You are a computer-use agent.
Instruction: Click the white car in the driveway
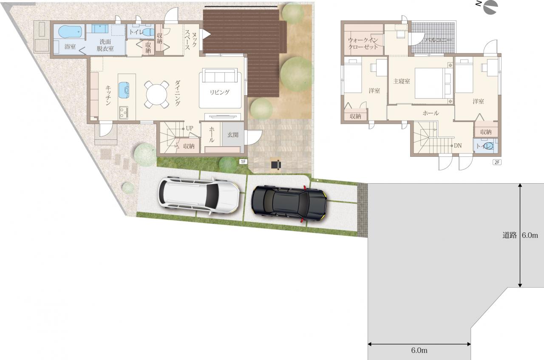click(x=198, y=196)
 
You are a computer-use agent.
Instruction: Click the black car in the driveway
click(x=289, y=203)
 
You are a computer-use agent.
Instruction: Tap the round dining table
click(x=157, y=94)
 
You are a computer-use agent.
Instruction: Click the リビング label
click(x=220, y=92)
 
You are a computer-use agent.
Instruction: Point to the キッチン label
click(x=108, y=95)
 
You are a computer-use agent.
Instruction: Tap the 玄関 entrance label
click(x=232, y=135)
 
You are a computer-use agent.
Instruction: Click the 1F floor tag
click(x=243, y=162)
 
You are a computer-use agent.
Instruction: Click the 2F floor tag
click(x=497, y=162)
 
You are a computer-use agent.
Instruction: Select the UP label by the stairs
click(x=190, y=128)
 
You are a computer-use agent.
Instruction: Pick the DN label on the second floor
click(x=458, y=145)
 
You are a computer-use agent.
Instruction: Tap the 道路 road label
click(x=509, y=235)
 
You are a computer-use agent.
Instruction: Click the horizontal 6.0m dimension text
click(x=419, y=350)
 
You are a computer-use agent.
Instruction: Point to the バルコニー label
click(x=438, y=40)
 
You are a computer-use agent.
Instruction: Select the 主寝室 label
click(x=402, y=81)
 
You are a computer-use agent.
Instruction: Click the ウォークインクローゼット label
click(x=363, y=43)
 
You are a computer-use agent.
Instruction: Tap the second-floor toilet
click(x=488, y=146)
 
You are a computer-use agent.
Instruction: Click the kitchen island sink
click(x=124, y=90)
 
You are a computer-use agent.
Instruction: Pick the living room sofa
click(x=220, y=76)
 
